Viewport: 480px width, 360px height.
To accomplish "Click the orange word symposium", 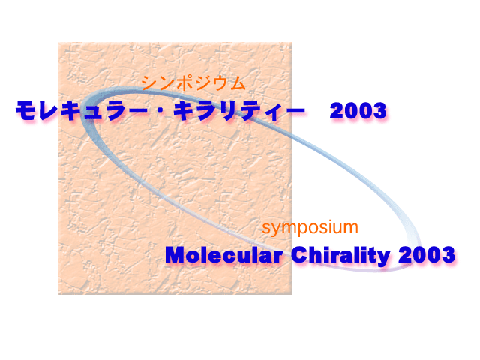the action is click(310, 228).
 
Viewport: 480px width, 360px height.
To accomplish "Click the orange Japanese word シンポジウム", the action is click(193, 82).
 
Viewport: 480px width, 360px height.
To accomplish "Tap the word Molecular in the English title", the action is click(223, 255).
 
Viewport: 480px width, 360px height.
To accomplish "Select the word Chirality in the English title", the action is click(340, 256).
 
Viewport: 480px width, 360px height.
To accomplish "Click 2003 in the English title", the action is click(427, 255).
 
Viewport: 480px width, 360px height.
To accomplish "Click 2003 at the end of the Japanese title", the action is click(358, 110).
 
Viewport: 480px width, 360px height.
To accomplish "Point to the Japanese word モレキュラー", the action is click(82, 110).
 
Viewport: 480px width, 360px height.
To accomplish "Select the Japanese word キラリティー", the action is click(239, 111).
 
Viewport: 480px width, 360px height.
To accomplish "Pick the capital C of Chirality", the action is click(298, 255).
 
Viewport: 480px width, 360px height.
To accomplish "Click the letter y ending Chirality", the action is click(384, 258).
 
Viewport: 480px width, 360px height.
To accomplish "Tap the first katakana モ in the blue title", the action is click(26, 110).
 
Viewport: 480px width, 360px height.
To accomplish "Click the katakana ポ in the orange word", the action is click(184, 82).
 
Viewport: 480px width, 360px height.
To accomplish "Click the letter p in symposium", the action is click(296, 229).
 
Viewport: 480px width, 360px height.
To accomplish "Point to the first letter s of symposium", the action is click(265, 229).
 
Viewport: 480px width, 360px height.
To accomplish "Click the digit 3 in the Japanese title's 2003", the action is click(379, 110).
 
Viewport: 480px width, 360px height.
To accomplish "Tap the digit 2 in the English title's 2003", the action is click(405, 255).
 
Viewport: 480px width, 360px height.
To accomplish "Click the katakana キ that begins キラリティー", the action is click(184, 110).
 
